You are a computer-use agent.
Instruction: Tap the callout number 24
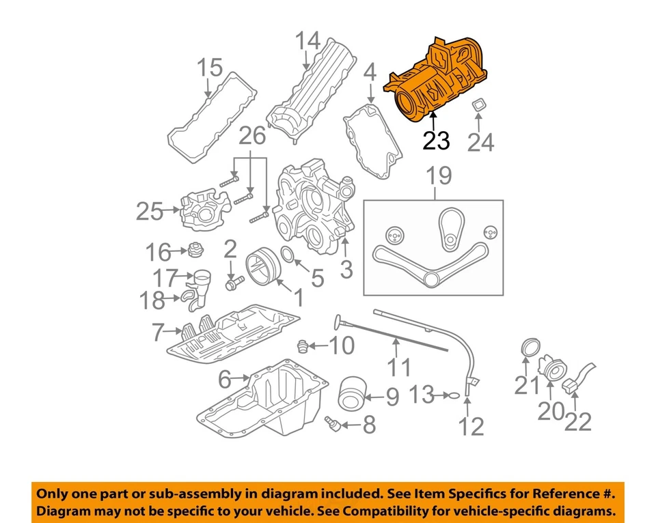tap(480, 142)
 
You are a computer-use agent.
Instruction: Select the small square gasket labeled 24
tap(480, 107)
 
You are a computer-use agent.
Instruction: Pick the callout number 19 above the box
tap(440, 177)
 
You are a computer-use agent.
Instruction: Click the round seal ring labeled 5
tap(288, 257)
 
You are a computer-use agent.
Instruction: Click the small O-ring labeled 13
tap(450, 394)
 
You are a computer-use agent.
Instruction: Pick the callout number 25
tap(150, 212)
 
